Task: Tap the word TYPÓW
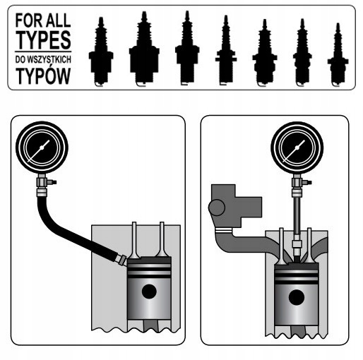pyautogui.click(x=43, y=76)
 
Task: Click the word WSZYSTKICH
pyautogui.click(x=49, y=59)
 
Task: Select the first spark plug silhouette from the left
pyautogui.click(x=101, y=52)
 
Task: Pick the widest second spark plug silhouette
pyautogui.click(x=144, y=49)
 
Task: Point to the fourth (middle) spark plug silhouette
pyautogui.click(x=226, y=50)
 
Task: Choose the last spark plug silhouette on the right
pyautogui.click(x=338, y=54)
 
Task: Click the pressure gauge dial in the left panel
pyautogui.click(x=42, y=148)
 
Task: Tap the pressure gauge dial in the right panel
pyautogui.click(x=297, y=148)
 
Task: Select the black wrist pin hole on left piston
pyautogui.click(x=149, y=292)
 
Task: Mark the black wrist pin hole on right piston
pyautogui.click(x=297, y=297)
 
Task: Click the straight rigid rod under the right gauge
pyautogui.click(x=297, y=216)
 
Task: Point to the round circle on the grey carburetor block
pyautogui.click(x=217, y=208)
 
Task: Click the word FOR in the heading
pyautogui.click(x=29, y=20)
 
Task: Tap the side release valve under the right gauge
pyautogui.click(x=307, y=182)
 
